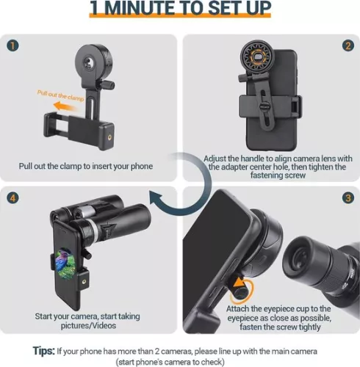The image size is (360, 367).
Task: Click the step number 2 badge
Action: (x=347, y=43)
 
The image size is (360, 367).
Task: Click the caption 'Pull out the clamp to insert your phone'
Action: (x=86, y=166)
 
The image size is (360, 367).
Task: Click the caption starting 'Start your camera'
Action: (x=86, y=321)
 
